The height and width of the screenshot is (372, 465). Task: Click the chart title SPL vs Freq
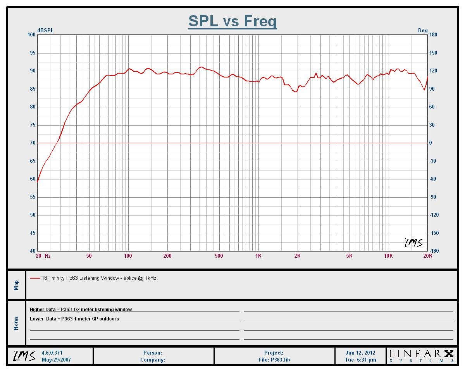click(x=232, y=21)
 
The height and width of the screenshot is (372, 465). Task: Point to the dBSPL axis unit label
click(x=45, y=31)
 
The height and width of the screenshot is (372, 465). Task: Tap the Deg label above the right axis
click(x=422, y=31)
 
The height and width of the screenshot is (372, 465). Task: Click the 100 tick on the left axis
click(x=31, y=35)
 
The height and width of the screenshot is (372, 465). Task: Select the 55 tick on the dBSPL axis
click(x=32, y=197)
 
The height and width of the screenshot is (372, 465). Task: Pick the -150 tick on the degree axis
click(x=434, y=233)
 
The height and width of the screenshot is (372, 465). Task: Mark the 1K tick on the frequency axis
click(x=258, y=256)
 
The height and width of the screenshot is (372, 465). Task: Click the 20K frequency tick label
click(x=427, y=256)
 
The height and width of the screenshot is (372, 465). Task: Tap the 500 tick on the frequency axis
click(x=219, y=256)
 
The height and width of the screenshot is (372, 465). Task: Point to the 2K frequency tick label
click(x=297, y=256)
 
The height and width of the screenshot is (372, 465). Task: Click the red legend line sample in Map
click(x=35, y=278)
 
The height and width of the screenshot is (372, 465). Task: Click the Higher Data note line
click(x=81, y=310)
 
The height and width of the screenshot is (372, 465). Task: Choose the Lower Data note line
click(x=74, y=319)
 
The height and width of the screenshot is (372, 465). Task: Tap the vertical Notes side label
click(x=16, y=323)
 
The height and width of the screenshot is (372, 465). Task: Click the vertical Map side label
click(x=16, y=285)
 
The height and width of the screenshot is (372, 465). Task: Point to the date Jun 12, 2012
click(x=360, y=353)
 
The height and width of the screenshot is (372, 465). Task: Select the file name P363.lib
click(x=274, y=360)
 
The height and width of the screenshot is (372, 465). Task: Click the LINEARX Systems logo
click(x=421, y=355)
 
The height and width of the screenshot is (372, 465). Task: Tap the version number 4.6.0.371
click(x=52, y=353)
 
